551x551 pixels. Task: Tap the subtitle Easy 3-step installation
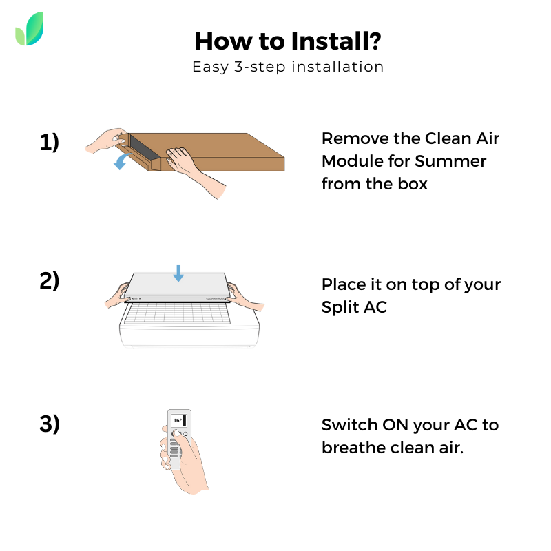click(x=287, y=67)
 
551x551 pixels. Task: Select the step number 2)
click(x=49, y=281)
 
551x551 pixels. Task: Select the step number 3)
click(x=49, y=424)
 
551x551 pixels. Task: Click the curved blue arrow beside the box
click(x=123, y=162)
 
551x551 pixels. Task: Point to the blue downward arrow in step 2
click(x=178, y=273)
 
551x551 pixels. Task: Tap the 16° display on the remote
click(x=177, y=420)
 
